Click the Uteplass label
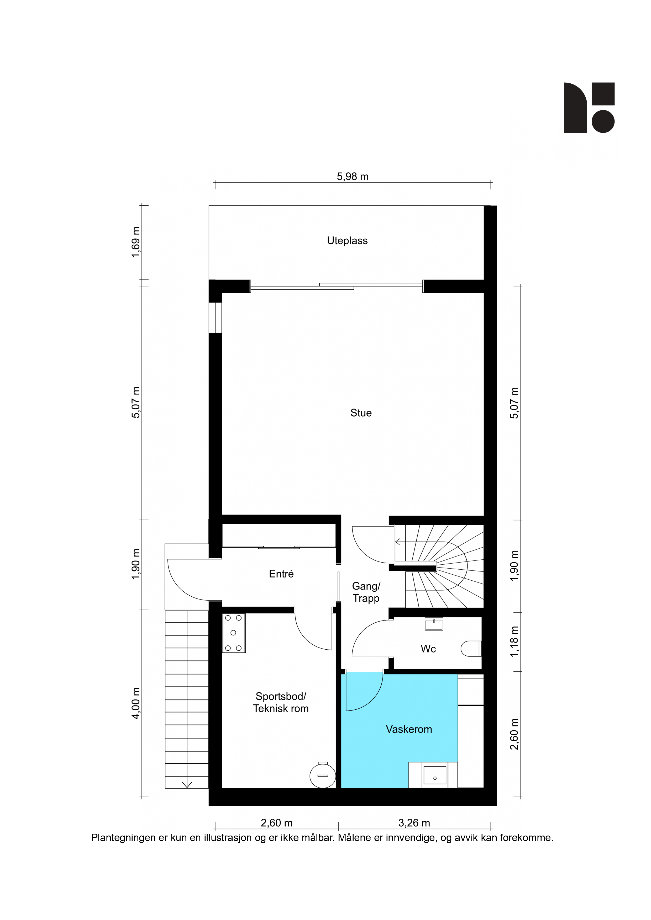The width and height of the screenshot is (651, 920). click(347, 241)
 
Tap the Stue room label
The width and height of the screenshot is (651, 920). click(361, 413)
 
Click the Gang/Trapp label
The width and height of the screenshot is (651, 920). click(366, 592)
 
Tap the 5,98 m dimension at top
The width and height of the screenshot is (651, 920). click(353, 177)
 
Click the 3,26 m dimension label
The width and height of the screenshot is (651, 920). click(414, 823)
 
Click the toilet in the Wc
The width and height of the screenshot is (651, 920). click(471, 648)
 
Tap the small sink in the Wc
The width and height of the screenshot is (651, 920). click(434, 624)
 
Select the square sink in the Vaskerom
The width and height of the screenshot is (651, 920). click(435, 775)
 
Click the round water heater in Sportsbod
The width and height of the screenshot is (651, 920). click(323, 775)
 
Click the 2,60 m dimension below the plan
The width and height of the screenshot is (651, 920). click(276, 823)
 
